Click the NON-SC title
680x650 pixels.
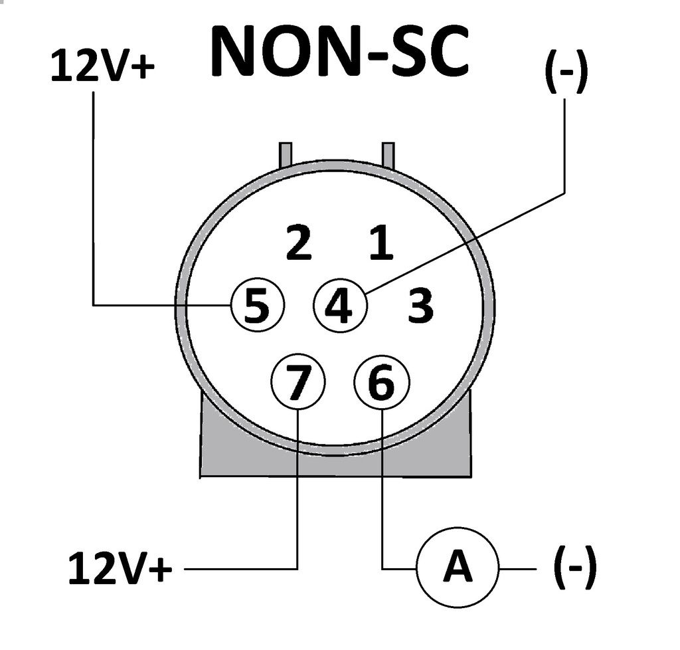(x=339, y=51)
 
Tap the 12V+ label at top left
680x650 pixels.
(x=103, y=67)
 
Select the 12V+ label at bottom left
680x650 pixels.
(x=120, y=569)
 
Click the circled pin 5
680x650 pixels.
(x=257, y=306)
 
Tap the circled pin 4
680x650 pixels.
(x=339, y=306)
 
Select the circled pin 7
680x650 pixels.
(x=298, y=383)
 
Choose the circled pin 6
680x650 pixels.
(x=382, y=383)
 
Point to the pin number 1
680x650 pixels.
(x=381, y=244)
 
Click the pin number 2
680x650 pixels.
(x=298, y=244)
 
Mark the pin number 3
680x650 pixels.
(x=421, y=306)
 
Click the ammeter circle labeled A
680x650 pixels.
(x=457, y=569)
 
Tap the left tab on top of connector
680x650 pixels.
(x=286, y=154)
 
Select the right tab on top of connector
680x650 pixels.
(x=388, y=154)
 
